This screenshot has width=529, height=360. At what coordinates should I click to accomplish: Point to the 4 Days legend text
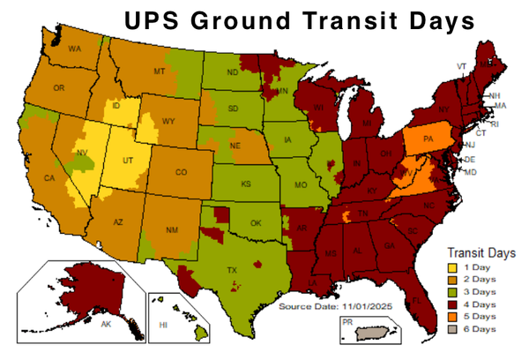pos(482,304)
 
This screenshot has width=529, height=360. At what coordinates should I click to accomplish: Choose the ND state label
pos(232,73)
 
